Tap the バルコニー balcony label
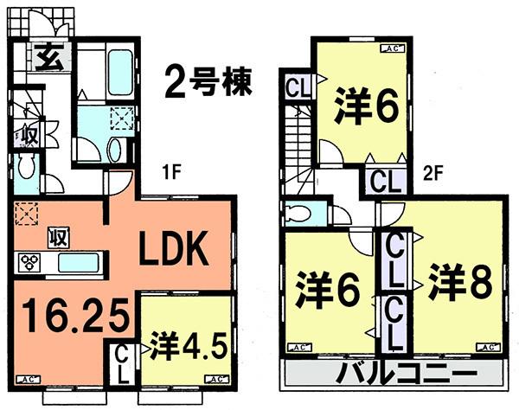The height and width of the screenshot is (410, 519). (397, 374)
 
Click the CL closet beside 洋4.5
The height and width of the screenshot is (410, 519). (121, 364)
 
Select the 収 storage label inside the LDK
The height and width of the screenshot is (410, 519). (58, 236)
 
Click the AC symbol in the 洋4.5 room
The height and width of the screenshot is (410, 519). (213, 378)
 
